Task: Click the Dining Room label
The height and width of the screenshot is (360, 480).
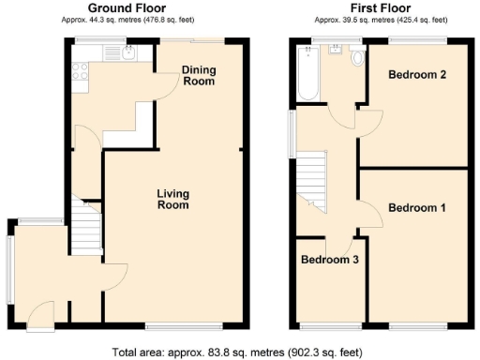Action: coord(200,76)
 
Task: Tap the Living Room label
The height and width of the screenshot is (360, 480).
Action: coord(173,200)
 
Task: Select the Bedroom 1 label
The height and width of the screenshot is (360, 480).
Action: coord(417,208)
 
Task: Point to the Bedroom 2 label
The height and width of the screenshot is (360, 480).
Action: coord(416,76)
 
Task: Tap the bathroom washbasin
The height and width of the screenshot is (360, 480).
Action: coord(334,52)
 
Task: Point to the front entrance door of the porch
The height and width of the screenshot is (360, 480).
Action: coord(42,312)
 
